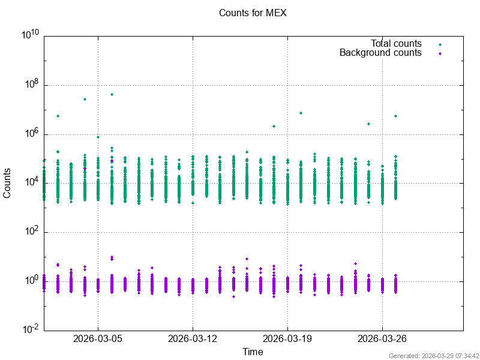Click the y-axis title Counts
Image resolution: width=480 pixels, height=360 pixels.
coord(7,183)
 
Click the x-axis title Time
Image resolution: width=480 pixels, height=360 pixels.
coord(253,352)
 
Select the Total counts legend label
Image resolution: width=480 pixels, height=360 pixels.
coord(396,44)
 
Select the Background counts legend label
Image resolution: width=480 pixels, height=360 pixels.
coord(380,53)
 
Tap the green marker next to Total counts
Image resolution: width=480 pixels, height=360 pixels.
coord(440,44)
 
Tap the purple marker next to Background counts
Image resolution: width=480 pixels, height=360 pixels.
coord(440,53)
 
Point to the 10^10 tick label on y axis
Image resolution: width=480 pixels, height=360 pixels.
coord(30,35)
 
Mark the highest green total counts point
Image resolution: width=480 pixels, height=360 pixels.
coord(112,94)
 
